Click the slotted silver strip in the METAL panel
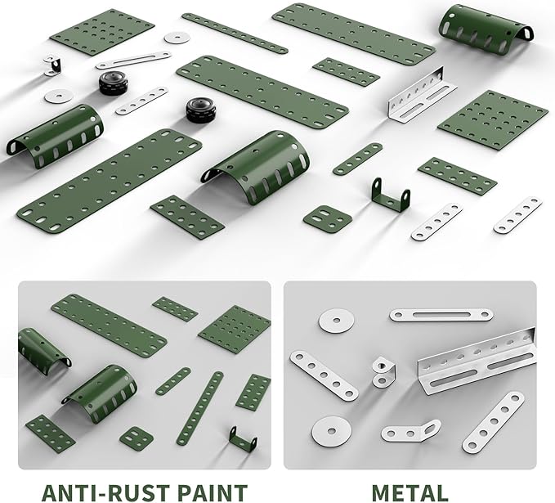441,315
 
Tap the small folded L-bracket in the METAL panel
382,371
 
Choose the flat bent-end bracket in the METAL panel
410,431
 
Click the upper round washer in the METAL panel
336,321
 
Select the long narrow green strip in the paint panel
200,408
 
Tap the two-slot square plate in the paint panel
137,437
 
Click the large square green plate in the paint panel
235,329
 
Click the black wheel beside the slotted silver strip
114,83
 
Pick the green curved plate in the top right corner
486,29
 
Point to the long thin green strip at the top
235,34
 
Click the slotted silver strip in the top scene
134,61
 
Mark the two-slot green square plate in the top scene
328,217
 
